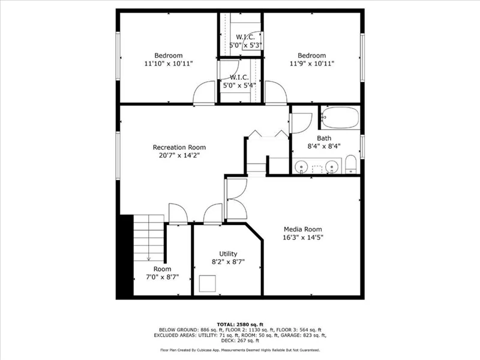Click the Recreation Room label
(179, 147)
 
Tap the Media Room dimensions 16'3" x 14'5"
(303, 237)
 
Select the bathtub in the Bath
(340, 118)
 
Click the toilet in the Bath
(351, 164)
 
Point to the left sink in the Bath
(301, 167)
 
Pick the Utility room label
(228, 254)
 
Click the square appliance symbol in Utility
(208, 283)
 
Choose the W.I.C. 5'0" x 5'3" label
(245, 41)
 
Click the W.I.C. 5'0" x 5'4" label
(239, 82)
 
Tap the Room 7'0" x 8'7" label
(162, 273)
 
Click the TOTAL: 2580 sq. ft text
(240, 325)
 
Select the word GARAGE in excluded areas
(293, 335)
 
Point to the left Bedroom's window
(118, 56)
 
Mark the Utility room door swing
(213, 214)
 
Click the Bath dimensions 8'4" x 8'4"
(324, 146)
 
